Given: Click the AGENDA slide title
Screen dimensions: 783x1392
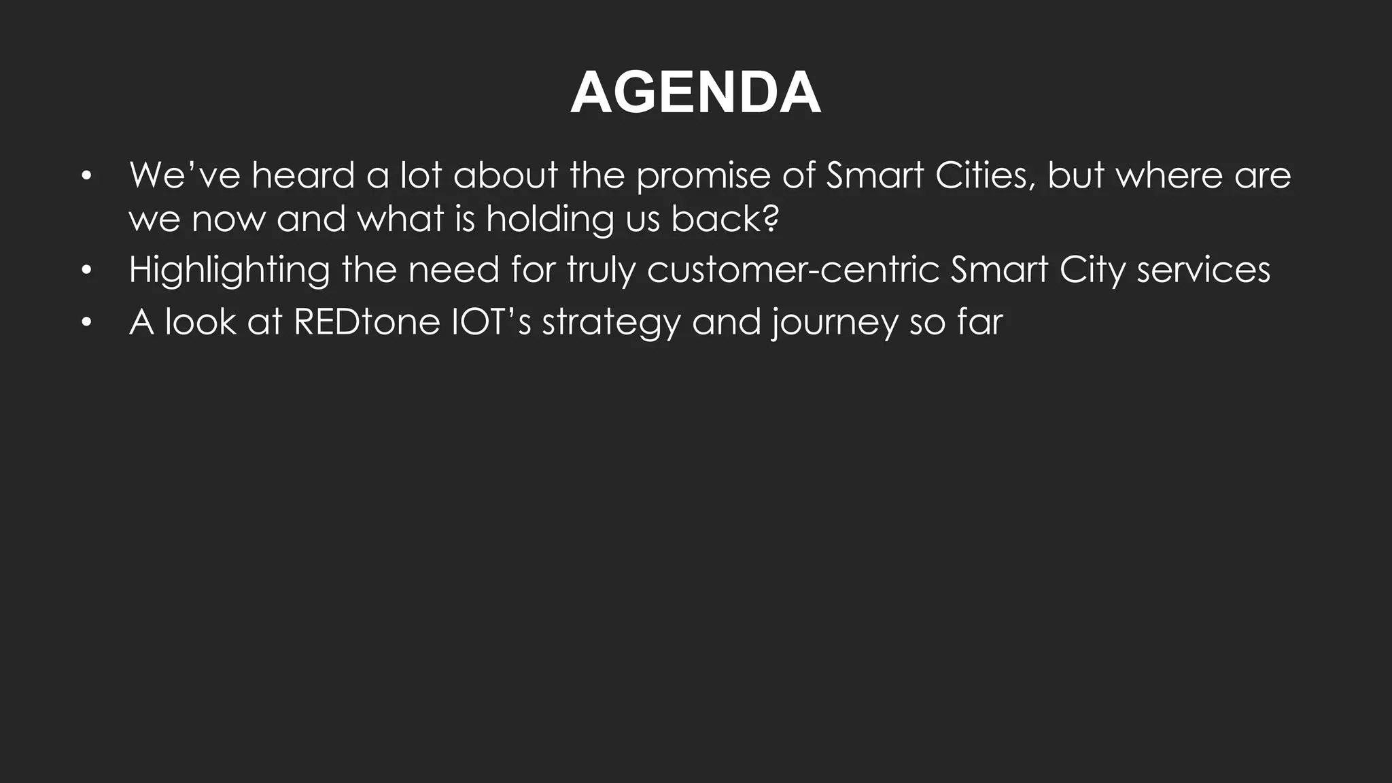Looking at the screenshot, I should pos(695,93).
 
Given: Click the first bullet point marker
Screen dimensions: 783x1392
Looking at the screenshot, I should pos(85,177).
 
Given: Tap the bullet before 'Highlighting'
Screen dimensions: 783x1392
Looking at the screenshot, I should pos(85,271).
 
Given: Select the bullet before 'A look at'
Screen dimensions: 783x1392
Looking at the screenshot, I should pos(85,323).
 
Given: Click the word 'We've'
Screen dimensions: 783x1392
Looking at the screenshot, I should pos(184,175).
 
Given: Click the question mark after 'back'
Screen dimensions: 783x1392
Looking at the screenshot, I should pos(770,218).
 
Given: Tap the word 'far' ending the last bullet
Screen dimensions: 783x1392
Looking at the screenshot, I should pos(980,321).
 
